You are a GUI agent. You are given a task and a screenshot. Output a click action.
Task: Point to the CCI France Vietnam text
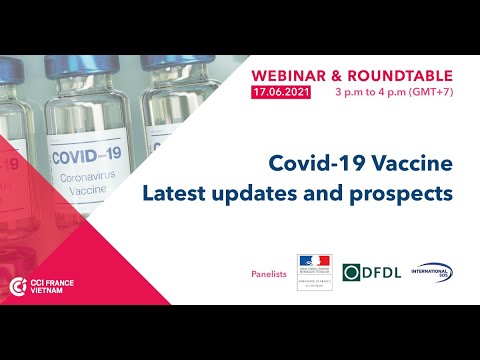(x=61, y=287)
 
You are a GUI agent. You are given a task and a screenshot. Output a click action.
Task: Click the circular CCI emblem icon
(x=17, y=287)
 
